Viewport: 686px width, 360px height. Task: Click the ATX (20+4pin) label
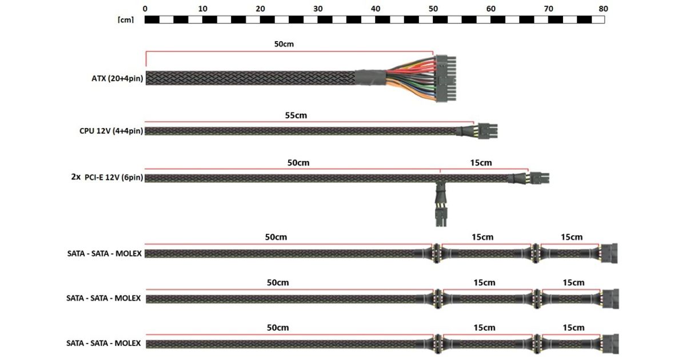tap(113, 78)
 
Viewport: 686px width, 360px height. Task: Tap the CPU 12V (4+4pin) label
tap(111, 131)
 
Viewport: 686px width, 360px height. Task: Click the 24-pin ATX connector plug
tap(445, 78)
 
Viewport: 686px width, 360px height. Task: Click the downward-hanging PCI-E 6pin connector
tap(440, 215)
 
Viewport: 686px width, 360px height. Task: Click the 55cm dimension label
tap(296, 115)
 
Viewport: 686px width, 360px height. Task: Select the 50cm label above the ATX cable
tap(284, 44)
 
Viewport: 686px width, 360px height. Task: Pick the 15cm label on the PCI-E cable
tap(481, 162)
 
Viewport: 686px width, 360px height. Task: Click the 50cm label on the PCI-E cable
tap(298, 162)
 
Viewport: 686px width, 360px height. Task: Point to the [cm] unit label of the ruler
tap(126, 20)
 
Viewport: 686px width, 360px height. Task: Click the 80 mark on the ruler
tap(603, 9)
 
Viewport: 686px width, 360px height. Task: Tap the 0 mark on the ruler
tap(145, 9)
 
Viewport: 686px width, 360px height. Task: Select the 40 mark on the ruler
tap(376, 9)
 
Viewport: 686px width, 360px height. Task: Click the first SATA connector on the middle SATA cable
tap(437, 298)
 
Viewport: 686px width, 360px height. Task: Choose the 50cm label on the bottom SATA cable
tap(278, 327)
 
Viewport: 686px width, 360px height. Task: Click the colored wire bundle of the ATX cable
tap(409, 78)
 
